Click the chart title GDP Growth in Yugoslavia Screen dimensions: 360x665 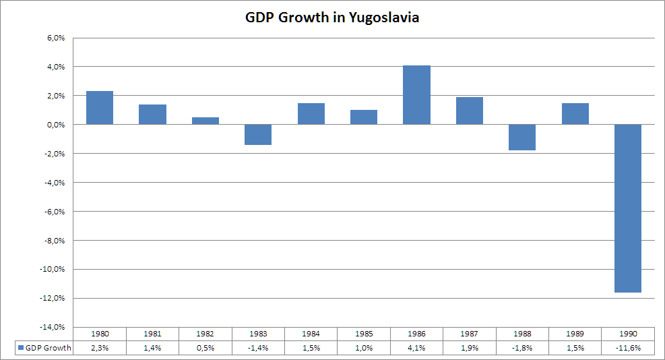tap(332, 18)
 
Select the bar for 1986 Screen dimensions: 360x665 tap(416, 95)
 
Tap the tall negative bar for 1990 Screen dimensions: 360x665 tap(628, 208)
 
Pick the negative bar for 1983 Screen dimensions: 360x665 tap(258, 134)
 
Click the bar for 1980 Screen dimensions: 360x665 tap(100, 108)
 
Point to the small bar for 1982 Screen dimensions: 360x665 tap(205, 121)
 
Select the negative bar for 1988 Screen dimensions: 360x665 tap(522, 137)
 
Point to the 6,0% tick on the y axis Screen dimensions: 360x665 tap(55, 38)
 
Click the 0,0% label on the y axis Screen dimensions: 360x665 tap(55, 125)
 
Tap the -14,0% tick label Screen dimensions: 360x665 tap(53, 327)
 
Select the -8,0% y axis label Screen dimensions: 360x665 tap(55, 241)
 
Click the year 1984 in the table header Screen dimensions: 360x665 tap(311, 334)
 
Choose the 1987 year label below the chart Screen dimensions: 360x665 tap(470, 334)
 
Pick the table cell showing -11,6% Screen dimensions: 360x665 tap(628, 347)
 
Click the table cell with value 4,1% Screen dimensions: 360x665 tap(417, 347)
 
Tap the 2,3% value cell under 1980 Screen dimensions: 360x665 tap(100, 347)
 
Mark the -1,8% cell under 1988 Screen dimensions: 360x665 tap(522, 347)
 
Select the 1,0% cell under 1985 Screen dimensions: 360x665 tap(364, 347)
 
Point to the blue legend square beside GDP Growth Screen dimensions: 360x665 tap(20, 347)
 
